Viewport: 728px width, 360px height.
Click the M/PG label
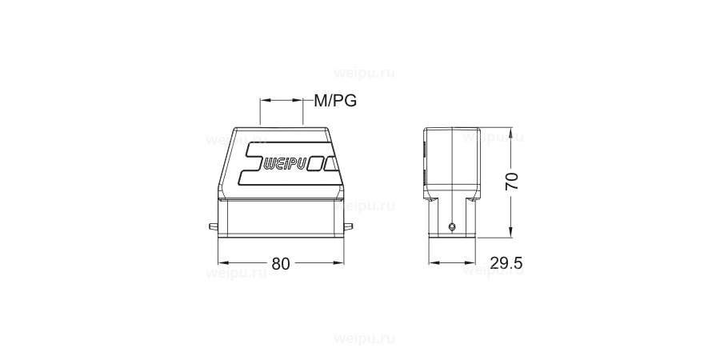coord(335,101)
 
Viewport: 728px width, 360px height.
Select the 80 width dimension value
coord(280,264)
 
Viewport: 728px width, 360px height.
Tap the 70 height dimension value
coord(512,180)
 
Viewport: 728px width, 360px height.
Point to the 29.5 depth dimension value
coord(506,263)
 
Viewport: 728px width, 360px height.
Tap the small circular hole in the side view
coord(453,227)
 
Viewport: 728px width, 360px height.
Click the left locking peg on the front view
coord(213,228)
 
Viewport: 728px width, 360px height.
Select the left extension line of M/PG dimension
coord(260,112)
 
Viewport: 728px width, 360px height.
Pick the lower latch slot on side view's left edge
coord(424,174)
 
